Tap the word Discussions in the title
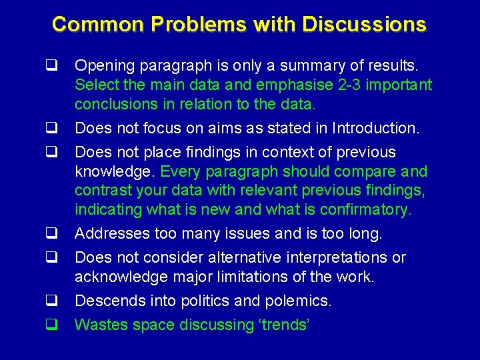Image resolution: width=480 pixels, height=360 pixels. (x=364, y=25)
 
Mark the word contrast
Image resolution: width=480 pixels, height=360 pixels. (x=101, y=191)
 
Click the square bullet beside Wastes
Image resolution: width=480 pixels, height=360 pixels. (x=50, y=325)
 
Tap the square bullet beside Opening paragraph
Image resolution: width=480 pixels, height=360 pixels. (x=50, y=67)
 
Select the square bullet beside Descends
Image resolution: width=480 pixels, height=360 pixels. (x=50, y=301)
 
